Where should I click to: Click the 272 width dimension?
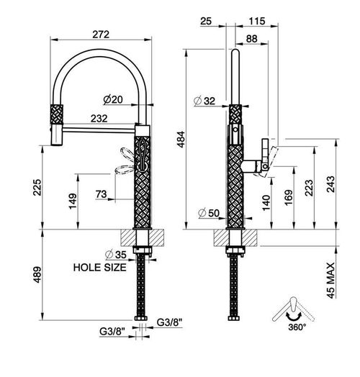(101, 35)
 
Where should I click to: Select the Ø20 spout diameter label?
(113, 99)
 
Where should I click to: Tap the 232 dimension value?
(99, 119)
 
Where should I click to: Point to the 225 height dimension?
(37, 187)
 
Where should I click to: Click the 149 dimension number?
(73, 201)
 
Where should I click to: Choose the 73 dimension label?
(101, 194)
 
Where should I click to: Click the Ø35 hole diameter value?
(116, 255)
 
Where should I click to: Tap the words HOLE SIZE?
(99, 268)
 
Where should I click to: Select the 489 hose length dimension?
(37, 275)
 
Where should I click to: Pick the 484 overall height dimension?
(181, 139)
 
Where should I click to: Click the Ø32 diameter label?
(204, 101)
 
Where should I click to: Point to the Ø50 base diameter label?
(209, 213)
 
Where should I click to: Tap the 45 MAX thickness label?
(331, 281)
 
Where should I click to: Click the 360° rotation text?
(297, 327)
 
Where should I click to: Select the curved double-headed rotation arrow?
(294, 317)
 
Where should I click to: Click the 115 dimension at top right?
(257, 22)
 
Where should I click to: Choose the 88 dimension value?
(252, 39)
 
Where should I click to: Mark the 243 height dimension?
(331, 184)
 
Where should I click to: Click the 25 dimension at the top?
(206, 22)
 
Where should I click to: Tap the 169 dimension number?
(289, 197)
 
